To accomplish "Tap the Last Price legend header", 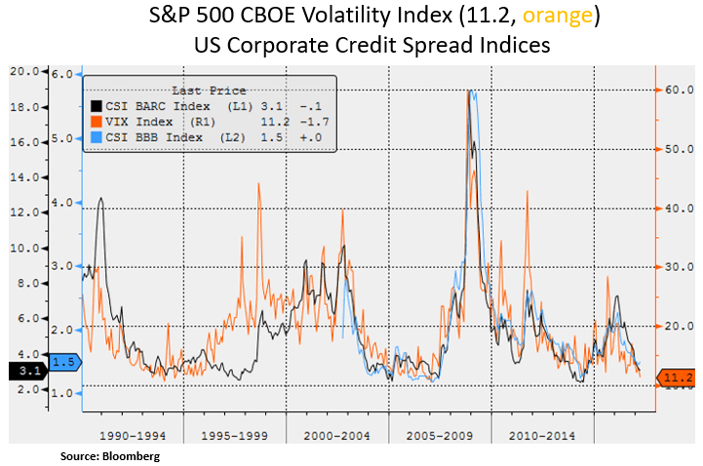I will pos(209,90).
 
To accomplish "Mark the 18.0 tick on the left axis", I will pos(23,106).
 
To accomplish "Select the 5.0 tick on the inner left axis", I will pos(63,138).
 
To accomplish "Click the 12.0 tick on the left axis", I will pos(23,213).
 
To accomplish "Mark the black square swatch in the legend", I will pos(96,105).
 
